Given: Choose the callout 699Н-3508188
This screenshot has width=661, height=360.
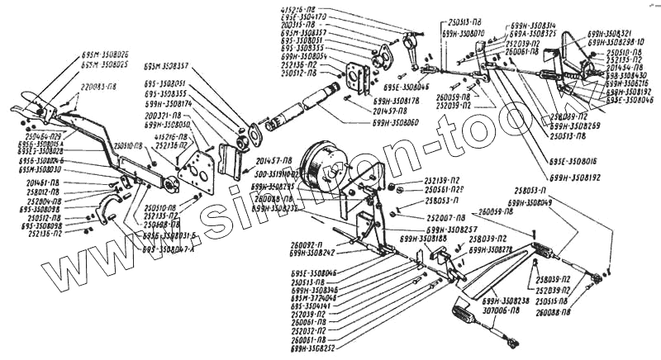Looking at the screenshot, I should point(423,238).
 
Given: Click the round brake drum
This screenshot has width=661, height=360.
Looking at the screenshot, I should point(322,166).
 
